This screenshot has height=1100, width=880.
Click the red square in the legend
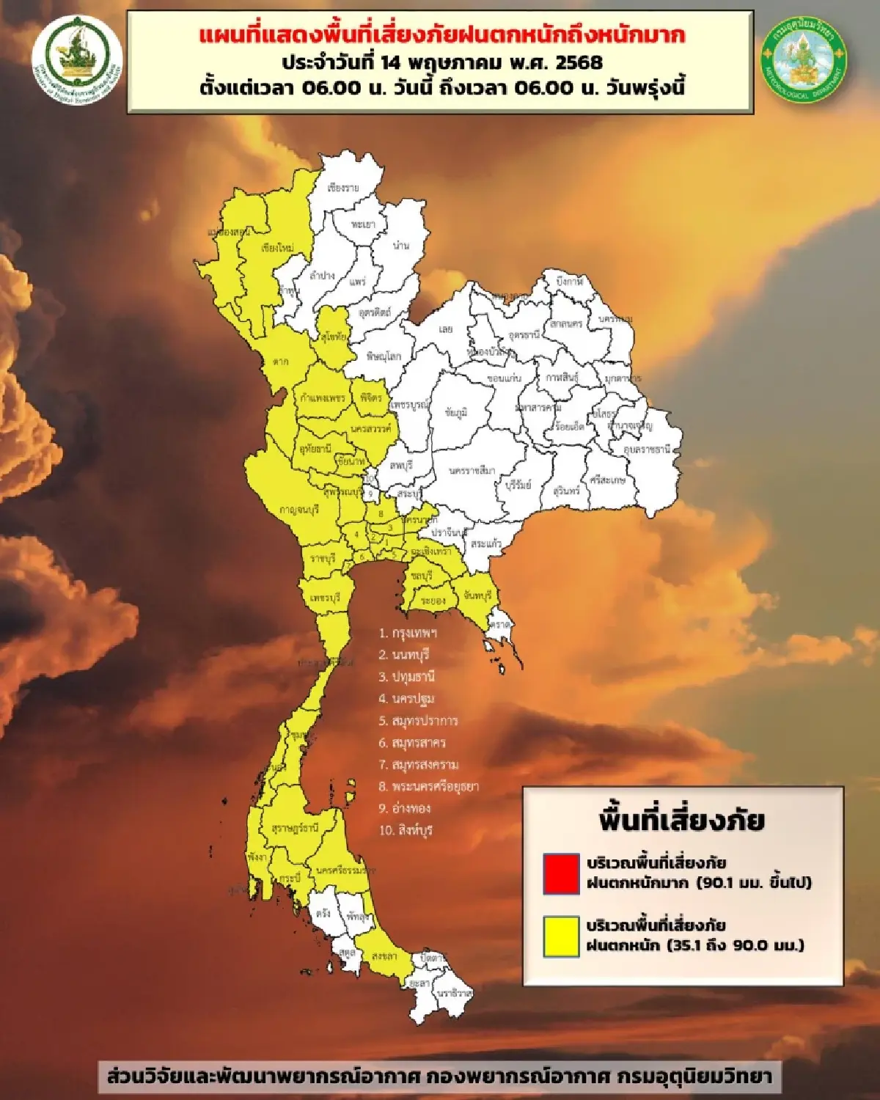(561, 873)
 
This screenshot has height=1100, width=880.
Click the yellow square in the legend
(561, 936)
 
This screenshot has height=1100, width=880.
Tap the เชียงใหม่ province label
(277, 248)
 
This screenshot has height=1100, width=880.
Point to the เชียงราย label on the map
(343, 188)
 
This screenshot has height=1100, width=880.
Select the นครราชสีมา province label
(472, 471)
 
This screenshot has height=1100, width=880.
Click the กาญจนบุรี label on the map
(299, 510)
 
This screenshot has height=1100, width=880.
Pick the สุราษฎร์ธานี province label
(295, 828)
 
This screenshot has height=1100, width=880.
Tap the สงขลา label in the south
(384, 956)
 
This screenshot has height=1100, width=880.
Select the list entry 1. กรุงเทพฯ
(408, 633)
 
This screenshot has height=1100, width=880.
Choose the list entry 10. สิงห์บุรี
(406, 830)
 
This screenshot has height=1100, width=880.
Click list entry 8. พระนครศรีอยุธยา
(428, 786)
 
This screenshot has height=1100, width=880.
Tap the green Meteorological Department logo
(804, 59)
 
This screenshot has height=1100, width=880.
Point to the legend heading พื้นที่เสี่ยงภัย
(682, 820)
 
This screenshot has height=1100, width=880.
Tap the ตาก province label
(280, 362)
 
